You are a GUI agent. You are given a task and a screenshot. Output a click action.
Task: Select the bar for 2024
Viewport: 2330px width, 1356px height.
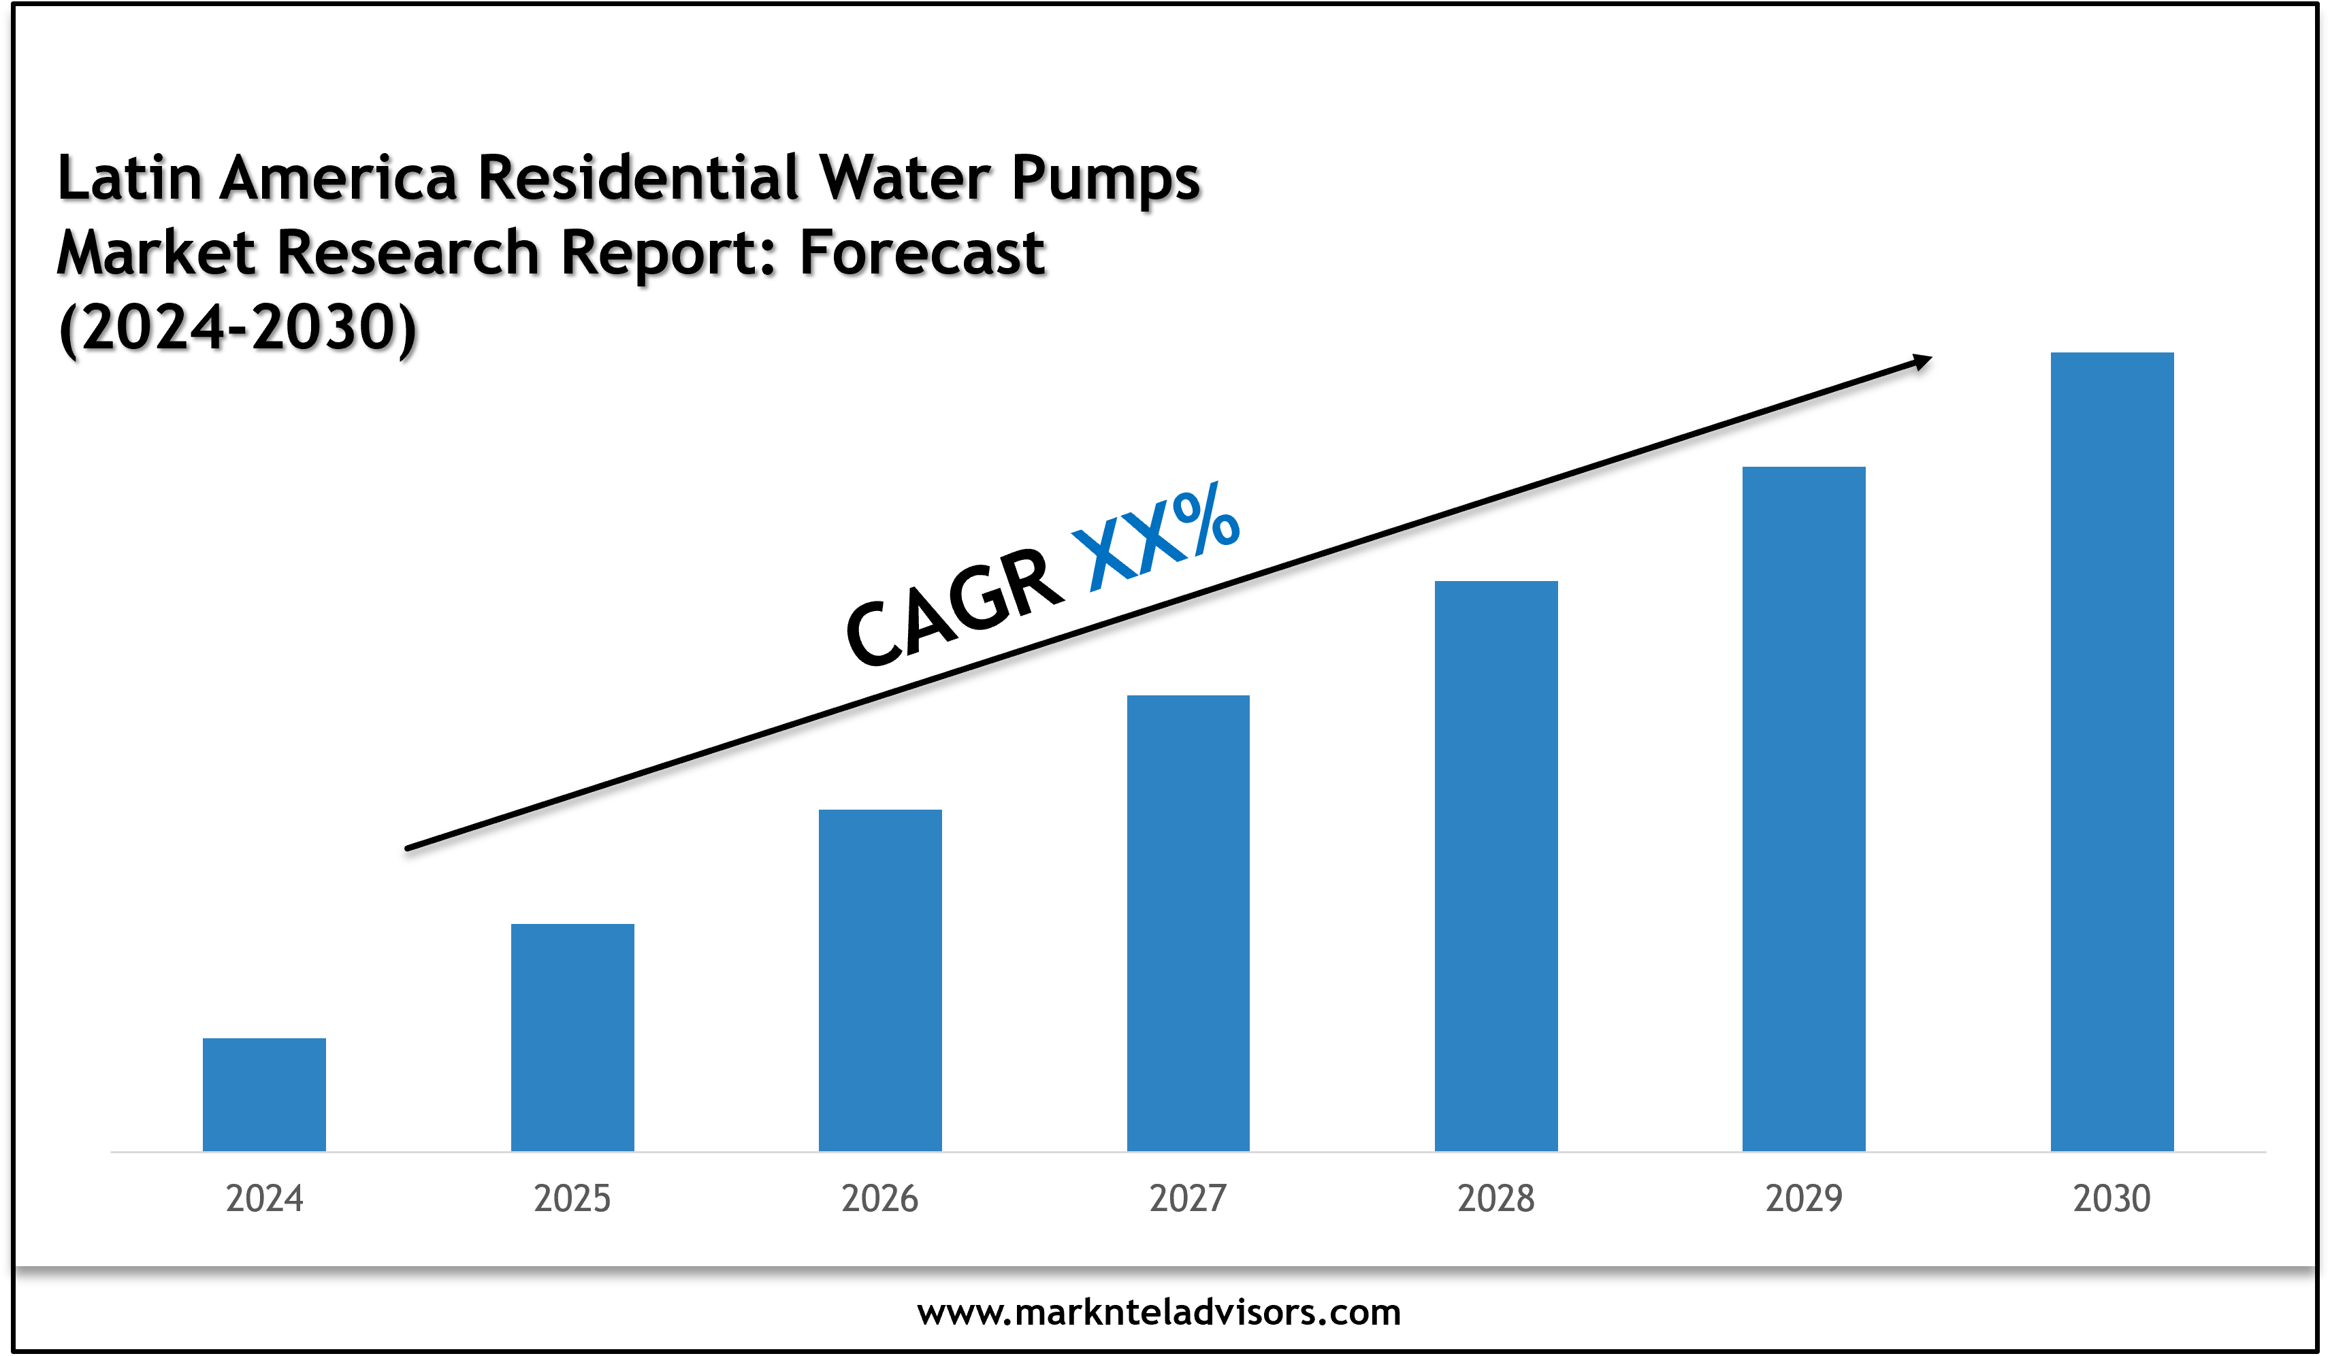pos(264,1095)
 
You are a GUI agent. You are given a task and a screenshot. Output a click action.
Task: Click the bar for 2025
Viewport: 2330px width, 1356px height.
pos(572,1037)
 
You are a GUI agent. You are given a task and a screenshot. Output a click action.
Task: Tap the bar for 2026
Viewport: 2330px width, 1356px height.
pos(880,980)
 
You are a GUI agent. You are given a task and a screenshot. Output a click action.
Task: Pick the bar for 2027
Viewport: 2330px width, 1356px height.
pos(1188,923)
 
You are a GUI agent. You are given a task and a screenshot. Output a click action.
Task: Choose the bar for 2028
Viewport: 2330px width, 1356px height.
pos(1496,865)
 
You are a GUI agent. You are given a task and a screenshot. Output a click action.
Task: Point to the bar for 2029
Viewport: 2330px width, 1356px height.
pos(1804,809)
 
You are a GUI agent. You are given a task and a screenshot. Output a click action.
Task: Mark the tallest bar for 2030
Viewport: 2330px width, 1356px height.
pos(2111,752)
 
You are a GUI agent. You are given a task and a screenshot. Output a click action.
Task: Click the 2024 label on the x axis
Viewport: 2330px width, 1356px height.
pos(264,1199)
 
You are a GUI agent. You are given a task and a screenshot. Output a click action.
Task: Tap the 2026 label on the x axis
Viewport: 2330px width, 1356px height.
pos(880,1199)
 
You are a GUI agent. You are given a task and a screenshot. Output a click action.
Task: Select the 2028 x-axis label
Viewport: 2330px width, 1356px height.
pos(1496,1199)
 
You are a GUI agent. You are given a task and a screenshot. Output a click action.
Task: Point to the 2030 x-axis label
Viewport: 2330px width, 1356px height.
pos(2111,1199)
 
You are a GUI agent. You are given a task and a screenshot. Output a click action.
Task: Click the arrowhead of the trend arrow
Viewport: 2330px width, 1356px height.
pos(1922,361)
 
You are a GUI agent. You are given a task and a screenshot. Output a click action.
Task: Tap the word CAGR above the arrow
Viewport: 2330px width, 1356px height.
pos(954,606)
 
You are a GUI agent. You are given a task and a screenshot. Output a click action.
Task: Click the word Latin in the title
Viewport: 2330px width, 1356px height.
pos(129,178)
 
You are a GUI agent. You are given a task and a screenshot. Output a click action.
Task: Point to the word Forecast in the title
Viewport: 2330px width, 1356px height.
pos(922,252)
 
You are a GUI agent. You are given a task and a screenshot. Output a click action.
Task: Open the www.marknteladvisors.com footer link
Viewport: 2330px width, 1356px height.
pos(1159,1312)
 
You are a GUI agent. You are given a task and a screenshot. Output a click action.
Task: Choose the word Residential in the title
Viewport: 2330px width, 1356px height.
pos(638,178)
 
